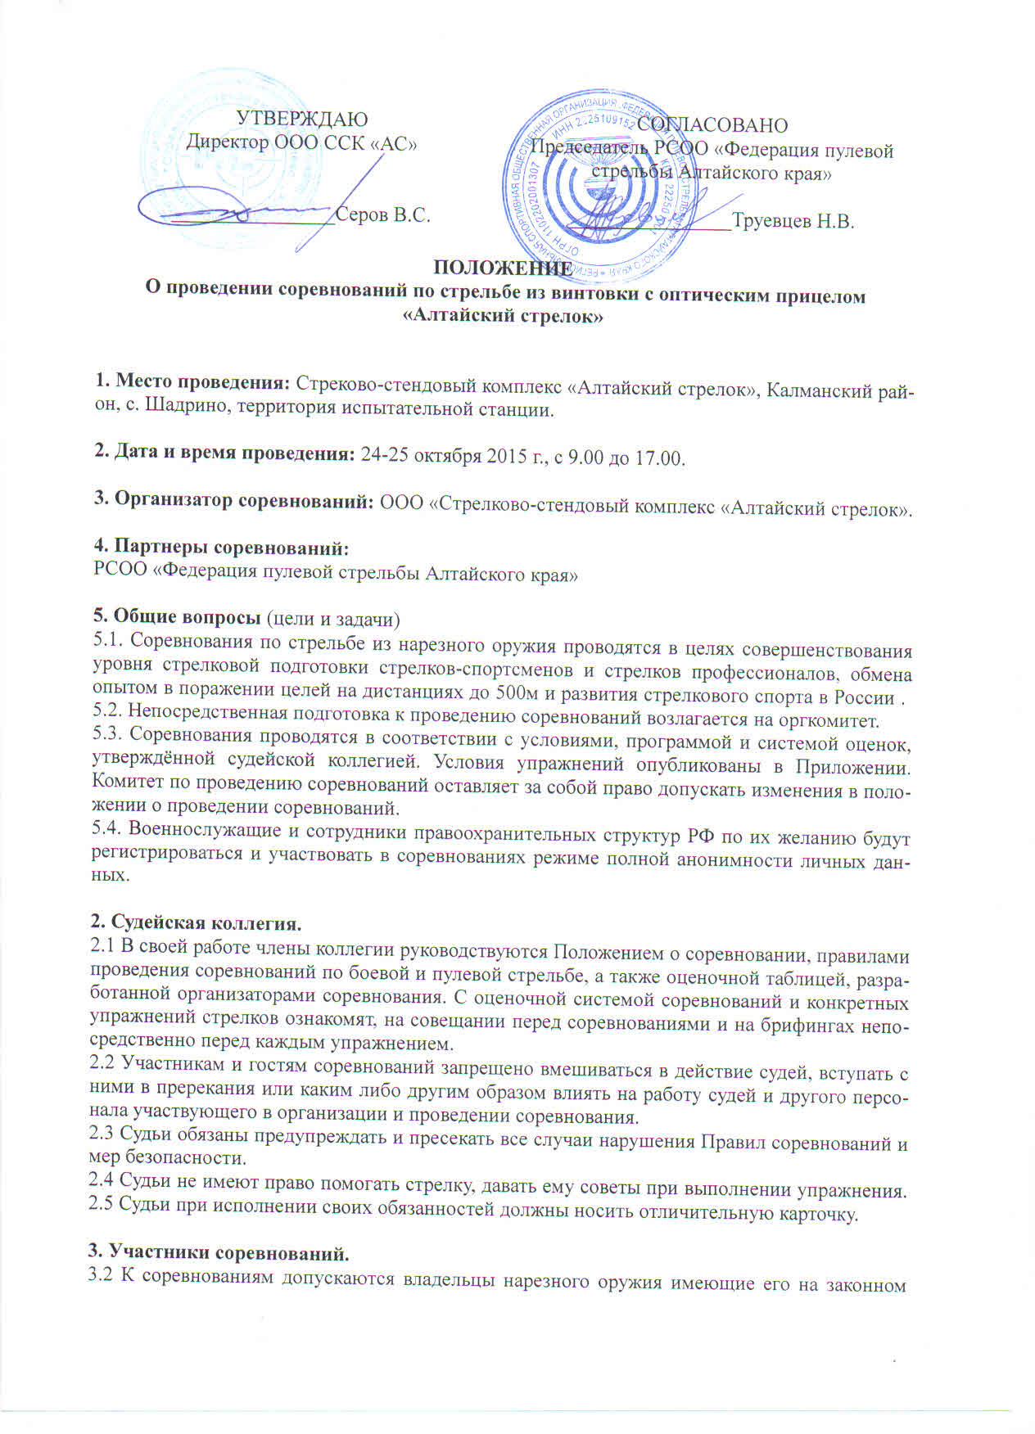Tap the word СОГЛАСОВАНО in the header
pos(712,125)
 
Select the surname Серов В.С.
pos(383,215)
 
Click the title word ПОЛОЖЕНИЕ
pos(501,269)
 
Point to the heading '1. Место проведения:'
pos(193,383)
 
